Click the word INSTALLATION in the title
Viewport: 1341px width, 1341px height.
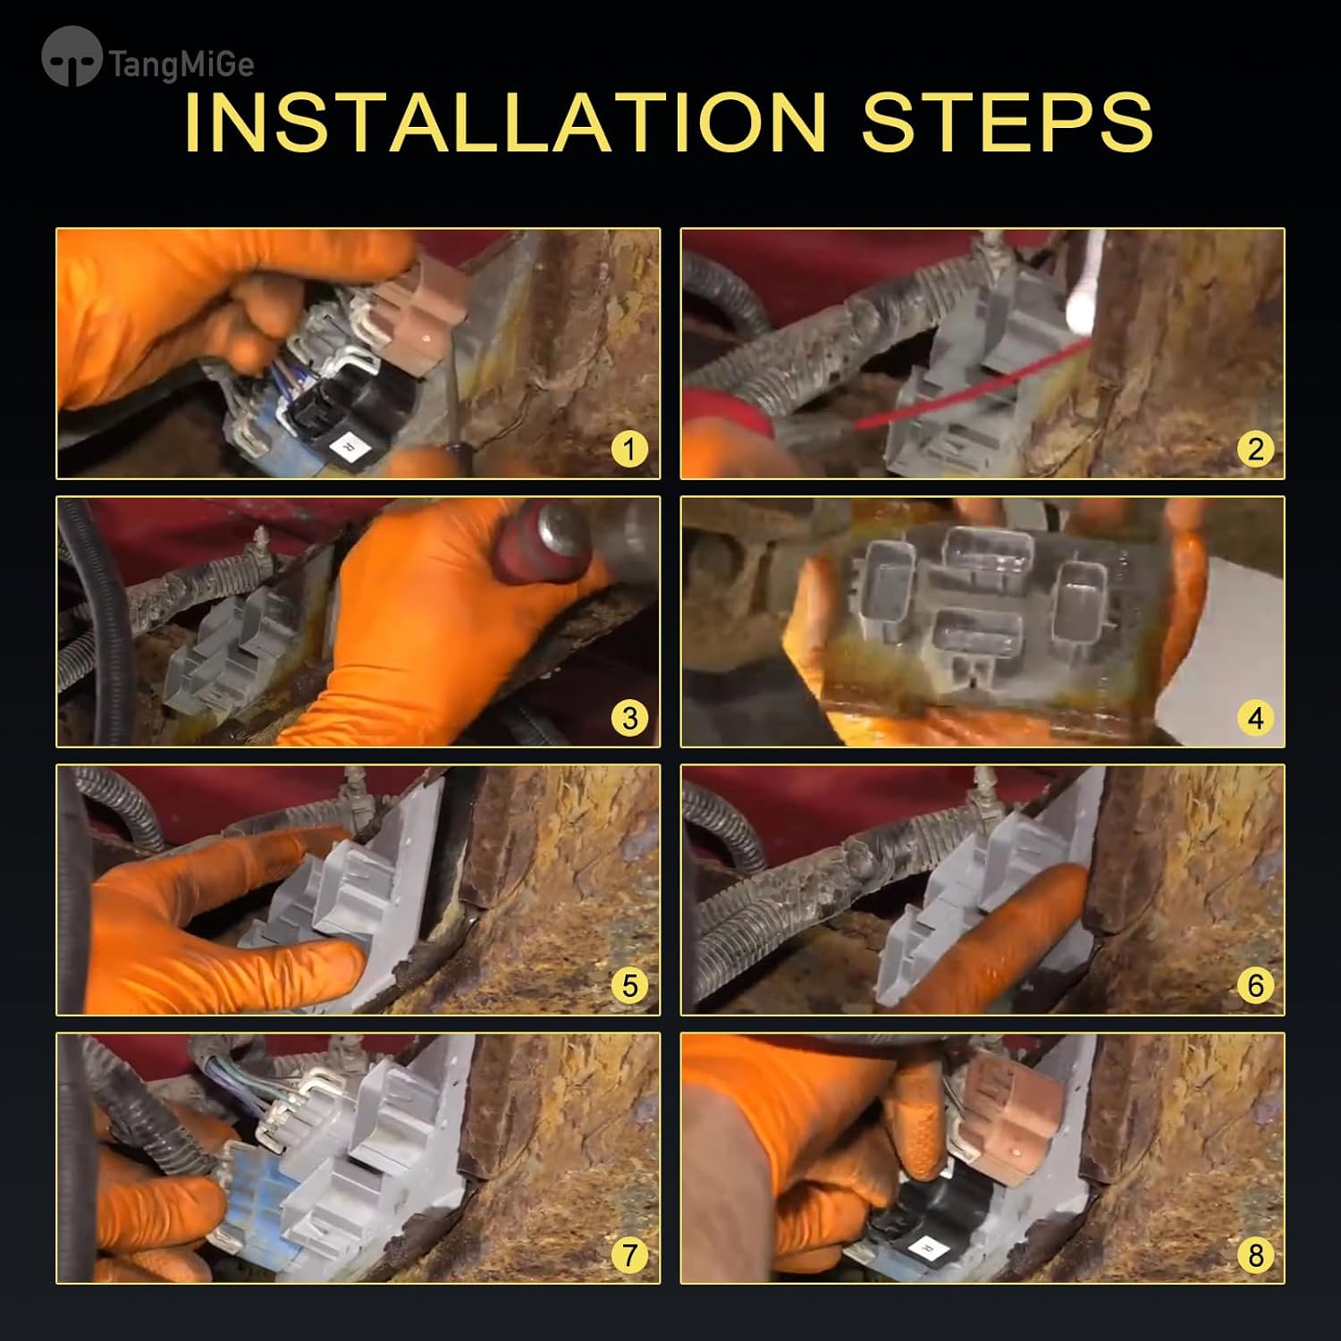coord(505,122)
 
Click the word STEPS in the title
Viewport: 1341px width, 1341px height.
coord(1008,122)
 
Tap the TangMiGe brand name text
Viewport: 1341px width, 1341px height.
coord(181,64)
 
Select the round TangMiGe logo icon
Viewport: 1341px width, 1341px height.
coord(72,56)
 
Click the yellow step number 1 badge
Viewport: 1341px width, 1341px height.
coord(629,449)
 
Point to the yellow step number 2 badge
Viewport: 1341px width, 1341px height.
coord(1255,449)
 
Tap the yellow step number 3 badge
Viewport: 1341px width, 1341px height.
coord(629,717)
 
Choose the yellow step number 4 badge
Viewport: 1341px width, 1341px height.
coord(1255,717)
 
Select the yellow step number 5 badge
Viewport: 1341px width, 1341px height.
coord(629,985)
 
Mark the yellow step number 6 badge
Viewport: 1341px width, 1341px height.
coord(1255,985)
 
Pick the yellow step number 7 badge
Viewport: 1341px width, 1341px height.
coord(629,1254)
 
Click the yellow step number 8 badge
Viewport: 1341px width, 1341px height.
coord(1255,1254)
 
